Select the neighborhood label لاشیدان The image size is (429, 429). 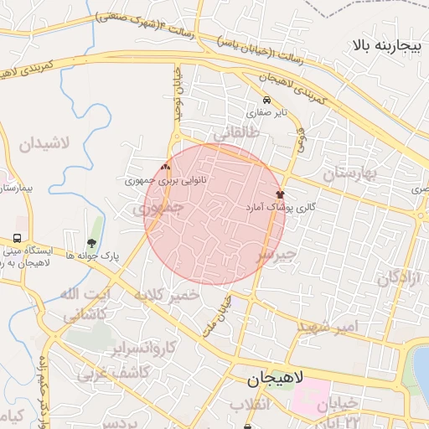coord(52,143)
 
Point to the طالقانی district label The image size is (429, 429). coord(238,133)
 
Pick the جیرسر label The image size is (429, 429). coord(277,253)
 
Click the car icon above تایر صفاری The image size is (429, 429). coord(266,99)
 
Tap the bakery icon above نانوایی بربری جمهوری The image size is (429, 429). coord(165,167)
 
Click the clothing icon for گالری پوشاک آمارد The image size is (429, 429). coord(279,194)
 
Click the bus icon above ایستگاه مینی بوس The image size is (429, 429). coord(18,238)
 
